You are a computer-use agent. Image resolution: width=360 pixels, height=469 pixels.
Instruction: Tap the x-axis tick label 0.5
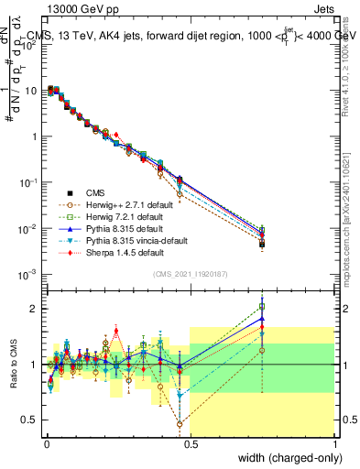pos(190,443)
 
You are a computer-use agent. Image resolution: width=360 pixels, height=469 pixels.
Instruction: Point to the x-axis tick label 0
pos(45,443)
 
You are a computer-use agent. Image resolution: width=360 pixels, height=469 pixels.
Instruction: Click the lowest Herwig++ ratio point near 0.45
pos(180,424)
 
